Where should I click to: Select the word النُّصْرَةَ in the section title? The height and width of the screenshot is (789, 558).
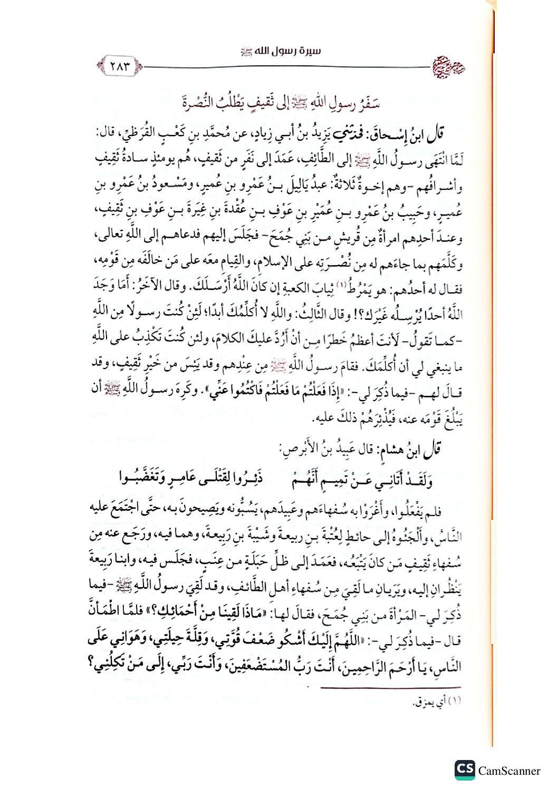coord(200,102)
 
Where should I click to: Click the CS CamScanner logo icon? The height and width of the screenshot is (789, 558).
coord(465,769)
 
